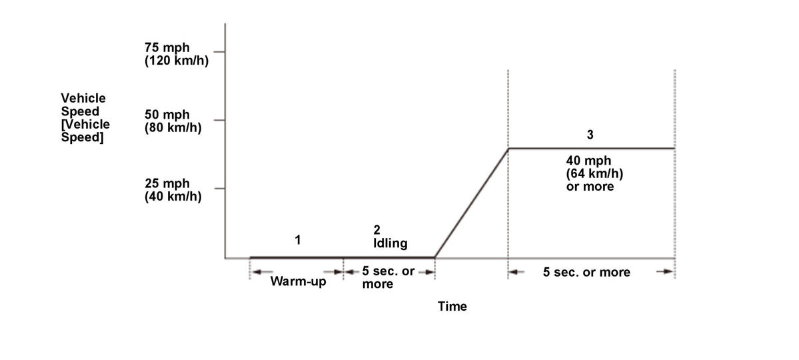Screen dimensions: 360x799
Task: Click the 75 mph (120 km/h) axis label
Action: point(172,54)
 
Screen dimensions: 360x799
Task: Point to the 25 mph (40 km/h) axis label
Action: point(173,190)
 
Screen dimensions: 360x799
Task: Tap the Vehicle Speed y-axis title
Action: point(85,118)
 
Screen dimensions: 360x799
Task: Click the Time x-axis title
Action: point(452,307)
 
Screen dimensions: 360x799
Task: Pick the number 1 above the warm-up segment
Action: point(298,239)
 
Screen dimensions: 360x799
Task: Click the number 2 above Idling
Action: point(377,230)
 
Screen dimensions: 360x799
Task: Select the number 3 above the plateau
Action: point(590,135)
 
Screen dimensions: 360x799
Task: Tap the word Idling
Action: point(390,243)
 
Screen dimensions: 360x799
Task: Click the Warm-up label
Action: point(299,281)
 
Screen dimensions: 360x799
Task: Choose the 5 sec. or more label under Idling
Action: point(388,277)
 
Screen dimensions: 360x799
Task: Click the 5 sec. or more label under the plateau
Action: point(586,272)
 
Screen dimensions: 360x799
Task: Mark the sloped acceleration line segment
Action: point(471,203)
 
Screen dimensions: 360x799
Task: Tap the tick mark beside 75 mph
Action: point(219,51)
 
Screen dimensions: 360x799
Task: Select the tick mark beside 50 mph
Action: point(219,121)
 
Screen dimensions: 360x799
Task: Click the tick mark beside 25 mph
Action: point(219,189)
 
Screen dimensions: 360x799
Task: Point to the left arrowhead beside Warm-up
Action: point(256,271)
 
